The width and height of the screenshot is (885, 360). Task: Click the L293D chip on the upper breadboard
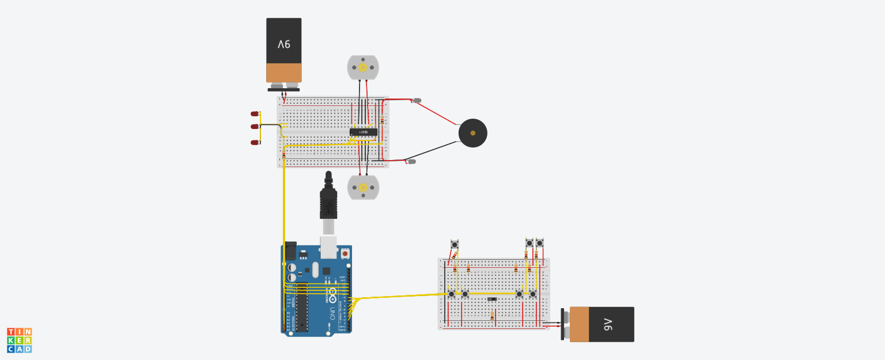364,132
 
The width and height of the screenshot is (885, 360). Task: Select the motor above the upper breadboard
363,67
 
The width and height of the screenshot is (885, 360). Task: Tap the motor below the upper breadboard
363,187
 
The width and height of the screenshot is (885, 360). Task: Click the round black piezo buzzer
472,133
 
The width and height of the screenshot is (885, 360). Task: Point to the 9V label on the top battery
283,44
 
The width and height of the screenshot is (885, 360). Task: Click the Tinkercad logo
19,340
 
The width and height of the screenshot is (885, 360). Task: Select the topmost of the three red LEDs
255,114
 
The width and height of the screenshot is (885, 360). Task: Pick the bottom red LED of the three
255,142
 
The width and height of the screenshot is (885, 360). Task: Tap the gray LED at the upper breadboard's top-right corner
417,100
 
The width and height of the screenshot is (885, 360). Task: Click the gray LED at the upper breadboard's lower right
411,161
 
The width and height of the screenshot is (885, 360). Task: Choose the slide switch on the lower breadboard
492,299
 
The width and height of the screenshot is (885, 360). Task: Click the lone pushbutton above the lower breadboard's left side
455,244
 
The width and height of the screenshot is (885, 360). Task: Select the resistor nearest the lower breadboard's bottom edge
492,316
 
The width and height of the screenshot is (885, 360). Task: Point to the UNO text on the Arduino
332,314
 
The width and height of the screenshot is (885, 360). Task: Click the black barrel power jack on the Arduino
290,251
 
